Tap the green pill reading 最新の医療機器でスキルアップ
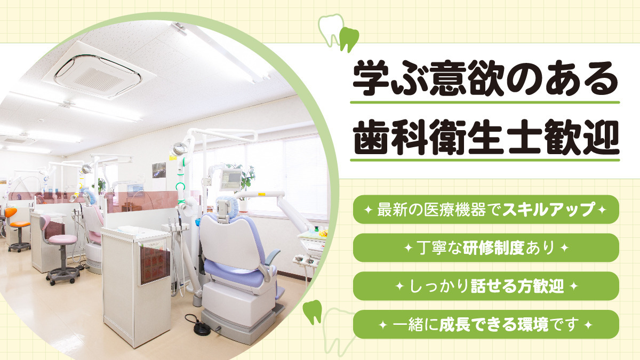coord(486,210)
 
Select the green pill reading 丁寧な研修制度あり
coord(486,247)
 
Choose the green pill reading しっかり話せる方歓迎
coord(486,286)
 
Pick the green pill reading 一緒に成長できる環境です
coord(486,324)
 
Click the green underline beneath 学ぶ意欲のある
coord(485,102)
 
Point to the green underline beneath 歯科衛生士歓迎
coord(485,159)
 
